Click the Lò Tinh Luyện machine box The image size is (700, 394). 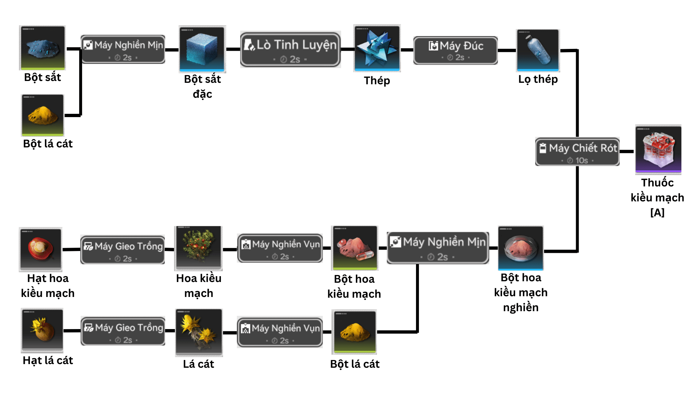(x=290, y=49)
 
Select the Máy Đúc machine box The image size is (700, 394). (x=455, y=50)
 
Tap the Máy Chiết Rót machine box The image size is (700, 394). (x=577, y=151)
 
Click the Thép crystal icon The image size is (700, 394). (x=377, y=48)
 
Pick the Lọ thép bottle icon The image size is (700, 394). (x=538, y=50)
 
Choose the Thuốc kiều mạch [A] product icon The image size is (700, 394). (x=658, y=149)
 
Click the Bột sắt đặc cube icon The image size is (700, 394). (x=202, y=49)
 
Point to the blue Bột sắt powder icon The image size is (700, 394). (x=42, y=47)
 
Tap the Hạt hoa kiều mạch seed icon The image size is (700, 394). (x=41, y=249)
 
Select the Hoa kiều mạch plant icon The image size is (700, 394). (x=199, y=247)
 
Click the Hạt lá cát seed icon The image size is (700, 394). (x=42, y=330)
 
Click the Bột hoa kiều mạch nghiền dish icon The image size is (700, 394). (x=521, y=248)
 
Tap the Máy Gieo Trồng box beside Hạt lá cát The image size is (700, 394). (x=123, y=331)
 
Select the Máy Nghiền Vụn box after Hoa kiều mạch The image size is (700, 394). (x=280, y=248)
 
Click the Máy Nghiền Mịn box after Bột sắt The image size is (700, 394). (x=123, y=49)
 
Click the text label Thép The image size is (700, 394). (x=377, y=81)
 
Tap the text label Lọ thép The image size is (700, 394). (x=538, y=79)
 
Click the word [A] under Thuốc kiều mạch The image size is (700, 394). (x=657, y=212)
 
